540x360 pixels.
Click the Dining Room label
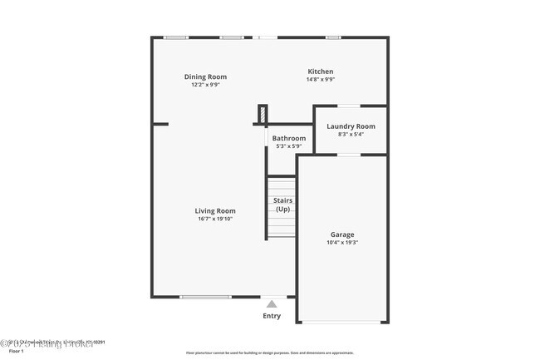coord(205,76)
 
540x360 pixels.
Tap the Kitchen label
coord(321,72)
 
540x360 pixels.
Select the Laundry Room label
coord(351,126)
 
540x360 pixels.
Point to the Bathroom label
coord(289,138)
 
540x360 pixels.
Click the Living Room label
coord(215,211)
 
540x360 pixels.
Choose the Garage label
coord(342,235)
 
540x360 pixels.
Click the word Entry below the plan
coord(272,316)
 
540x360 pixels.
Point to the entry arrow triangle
coord(272,304)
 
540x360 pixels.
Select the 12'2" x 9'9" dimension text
coord(205,85)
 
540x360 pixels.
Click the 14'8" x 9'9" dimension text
coord(321,80)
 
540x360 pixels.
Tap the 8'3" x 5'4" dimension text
coord(351,134)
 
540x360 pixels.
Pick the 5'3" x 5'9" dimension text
coord(289,146)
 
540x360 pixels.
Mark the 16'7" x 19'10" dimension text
coord(215,219)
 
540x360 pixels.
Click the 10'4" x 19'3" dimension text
coord(342,244)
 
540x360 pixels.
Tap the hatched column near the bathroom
coord(263,114)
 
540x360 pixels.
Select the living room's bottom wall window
coord(205,297)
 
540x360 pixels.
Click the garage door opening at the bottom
coord(342,323)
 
